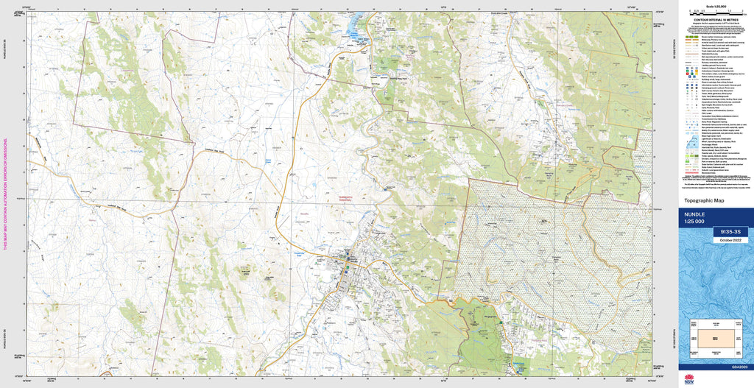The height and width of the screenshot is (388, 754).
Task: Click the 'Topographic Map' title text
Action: [x=705, y=200]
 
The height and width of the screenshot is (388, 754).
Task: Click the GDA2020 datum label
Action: [x=739, y=367]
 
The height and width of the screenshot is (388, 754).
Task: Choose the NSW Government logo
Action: [x=689, y=378]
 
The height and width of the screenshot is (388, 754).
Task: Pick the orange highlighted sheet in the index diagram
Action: [x=716, y=338]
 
